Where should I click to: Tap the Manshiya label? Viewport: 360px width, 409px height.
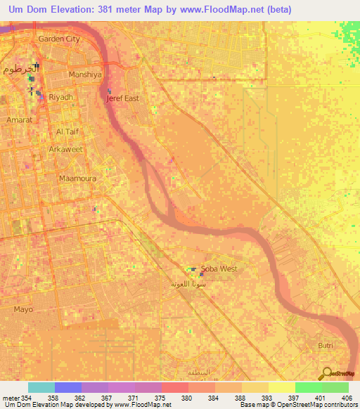click(86, 74)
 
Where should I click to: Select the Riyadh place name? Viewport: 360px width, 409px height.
click(60, 98)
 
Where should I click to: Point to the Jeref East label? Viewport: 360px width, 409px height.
click(122, 99)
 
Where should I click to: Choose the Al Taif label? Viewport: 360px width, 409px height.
click(70, 131)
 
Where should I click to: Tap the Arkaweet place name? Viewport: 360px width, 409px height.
click(66, 150)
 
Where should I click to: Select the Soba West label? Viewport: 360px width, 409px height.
click(219, 269)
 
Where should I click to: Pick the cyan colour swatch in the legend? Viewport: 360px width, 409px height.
click(41, 387)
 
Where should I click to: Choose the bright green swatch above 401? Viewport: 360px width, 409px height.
click(309, 387)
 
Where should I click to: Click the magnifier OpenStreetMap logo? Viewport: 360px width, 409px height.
click(326, 373)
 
